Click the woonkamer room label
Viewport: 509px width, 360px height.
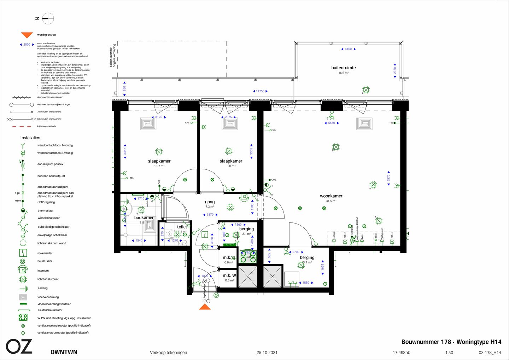click(x=331, y=196)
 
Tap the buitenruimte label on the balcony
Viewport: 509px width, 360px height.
click(x=343, y=68)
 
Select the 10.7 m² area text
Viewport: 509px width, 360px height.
click(x=159, y=166)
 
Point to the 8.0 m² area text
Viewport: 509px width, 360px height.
click(x=231, y=166)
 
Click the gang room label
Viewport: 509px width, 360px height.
click(x=210, y=202)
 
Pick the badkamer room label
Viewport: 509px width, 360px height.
click(x=144, y=218)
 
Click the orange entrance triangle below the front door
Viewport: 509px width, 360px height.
click(x=205, y=307)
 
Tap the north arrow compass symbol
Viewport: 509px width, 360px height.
click(x=48, y=18)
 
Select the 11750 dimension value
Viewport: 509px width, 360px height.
click(x=260, y=91)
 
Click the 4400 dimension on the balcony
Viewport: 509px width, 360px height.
click(x=348, y=49)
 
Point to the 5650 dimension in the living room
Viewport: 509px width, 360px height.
click(x=332, y=123)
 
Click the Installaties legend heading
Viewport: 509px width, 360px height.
click(x=30, y=138)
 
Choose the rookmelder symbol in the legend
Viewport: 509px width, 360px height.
click(x=23, y=253)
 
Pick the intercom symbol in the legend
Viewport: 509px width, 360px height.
click(x=23, y=270)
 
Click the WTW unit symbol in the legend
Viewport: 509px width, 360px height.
click(x=23, y=318)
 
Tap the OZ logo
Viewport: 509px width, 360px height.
click(x=19, y=347)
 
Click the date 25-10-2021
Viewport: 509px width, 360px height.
click(x=267, y=353)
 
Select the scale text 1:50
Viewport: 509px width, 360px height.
click(x=449, y=353)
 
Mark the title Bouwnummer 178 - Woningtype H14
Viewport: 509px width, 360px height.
click(x=451, y=342)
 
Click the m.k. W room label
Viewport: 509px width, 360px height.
click(x=229, y=275)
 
